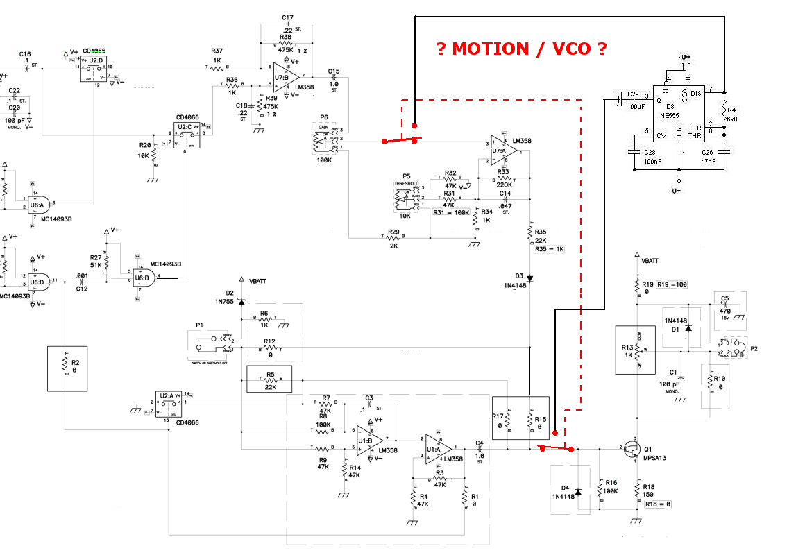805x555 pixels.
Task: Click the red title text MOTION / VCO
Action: [521, 49]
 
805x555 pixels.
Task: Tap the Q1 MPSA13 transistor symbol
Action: [632, 450]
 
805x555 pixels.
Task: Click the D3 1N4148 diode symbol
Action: [529, 279]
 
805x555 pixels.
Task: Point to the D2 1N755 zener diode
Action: [241, 302]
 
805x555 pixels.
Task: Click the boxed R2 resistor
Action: [65, 368]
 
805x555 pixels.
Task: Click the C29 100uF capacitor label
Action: [632, 101]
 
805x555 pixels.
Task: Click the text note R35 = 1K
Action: [549, 248]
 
